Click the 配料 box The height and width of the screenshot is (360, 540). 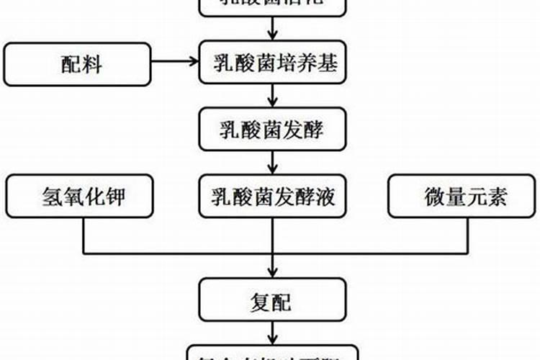click(x=78, y=64)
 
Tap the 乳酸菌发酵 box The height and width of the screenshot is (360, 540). click(x=273, y=130)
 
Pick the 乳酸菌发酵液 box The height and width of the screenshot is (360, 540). click(x=273, y=197)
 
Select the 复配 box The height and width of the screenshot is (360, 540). click(x=273, y=300)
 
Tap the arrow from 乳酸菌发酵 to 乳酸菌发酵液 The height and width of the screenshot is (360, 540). click(x=273, y=163)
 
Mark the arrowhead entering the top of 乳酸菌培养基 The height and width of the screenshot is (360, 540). click(x=273, y=36)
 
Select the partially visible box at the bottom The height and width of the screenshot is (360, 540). click(x=273, y=353)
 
